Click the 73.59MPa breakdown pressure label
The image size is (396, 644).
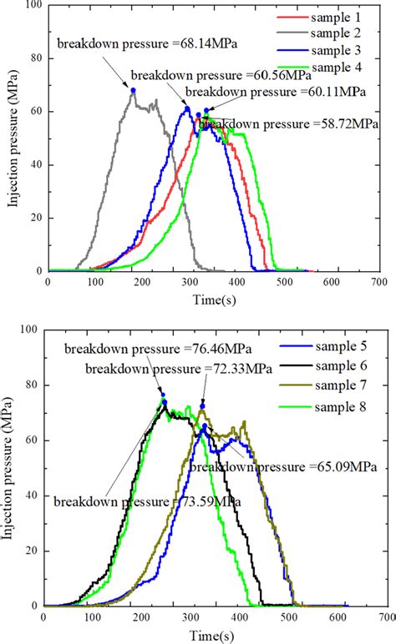[x=147, y=501]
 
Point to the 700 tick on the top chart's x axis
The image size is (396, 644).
[x=378, y=283]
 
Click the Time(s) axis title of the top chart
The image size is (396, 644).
[x=212, y=298]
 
